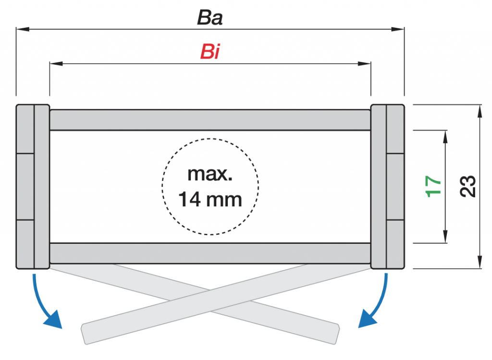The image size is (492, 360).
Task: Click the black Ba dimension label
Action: point(210,18)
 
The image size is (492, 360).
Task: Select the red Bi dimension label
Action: point(210,51)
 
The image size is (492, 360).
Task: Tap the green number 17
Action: point(434,186)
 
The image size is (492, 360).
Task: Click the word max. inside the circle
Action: point(210,173)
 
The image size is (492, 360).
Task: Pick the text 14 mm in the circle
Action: point(210,198)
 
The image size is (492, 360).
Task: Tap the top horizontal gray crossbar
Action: point(210,120)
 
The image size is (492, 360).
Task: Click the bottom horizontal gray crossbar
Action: point(210,253)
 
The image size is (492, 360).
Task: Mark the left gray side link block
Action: point(33,186)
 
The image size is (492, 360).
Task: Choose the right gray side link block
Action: point(387,186)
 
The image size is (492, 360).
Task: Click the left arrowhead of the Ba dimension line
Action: point(22,30)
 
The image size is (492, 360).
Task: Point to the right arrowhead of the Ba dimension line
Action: point(399,30)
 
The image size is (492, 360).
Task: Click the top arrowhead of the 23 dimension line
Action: point(480,111)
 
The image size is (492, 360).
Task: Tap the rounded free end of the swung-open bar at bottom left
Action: point(86,334)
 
